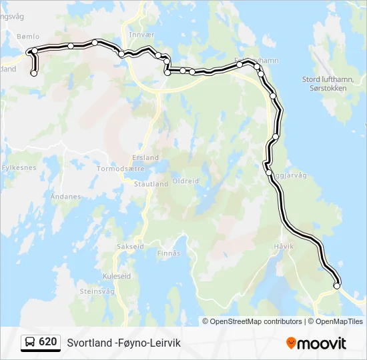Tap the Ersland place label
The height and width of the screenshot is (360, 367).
tap(146, 158)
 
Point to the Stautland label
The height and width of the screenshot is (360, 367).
tap(151, 184)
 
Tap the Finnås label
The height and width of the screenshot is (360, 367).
tap(169, 253)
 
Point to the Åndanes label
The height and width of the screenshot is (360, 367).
tap(65, 197)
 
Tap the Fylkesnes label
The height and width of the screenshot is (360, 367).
tap(19, 168)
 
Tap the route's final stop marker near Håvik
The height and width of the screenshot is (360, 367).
tap(337, 286)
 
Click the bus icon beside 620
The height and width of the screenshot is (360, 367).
tap(30, 342)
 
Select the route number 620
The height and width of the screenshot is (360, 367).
tap(48, 342)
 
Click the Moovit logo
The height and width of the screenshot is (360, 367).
tap(316, 343)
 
